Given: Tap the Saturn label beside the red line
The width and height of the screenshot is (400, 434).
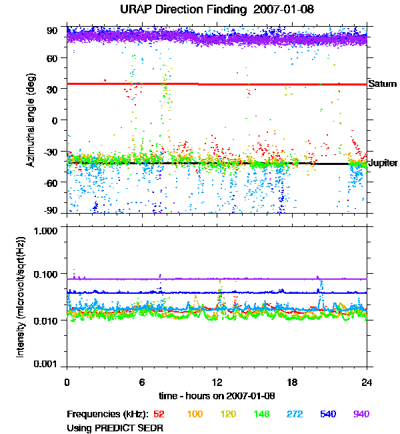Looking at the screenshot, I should [x=383, y=84].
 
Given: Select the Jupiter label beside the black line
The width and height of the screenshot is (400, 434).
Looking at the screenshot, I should [x=383, y=163].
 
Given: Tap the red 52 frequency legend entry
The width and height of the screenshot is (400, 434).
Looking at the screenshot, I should [x=160, y=414].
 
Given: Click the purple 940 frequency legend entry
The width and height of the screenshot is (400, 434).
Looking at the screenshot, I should [x=361, y=414].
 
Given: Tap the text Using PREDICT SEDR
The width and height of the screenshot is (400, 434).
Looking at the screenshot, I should [x=115, y=427].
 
